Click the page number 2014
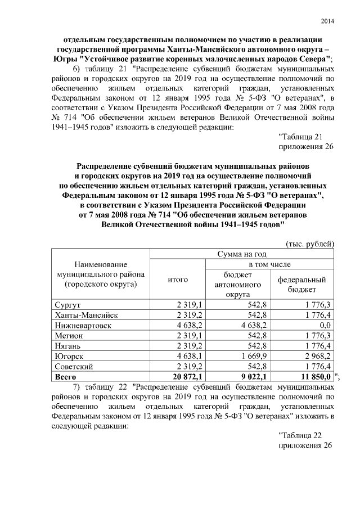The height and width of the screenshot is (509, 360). point(327,21)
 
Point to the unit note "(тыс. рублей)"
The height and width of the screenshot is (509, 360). point(311,244)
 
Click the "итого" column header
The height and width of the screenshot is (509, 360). point(178,279)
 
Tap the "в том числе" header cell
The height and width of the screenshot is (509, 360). point(270,264)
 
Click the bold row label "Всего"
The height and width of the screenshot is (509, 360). point(65,376)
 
